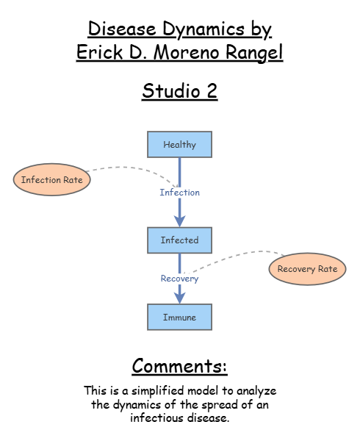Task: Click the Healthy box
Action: (180, 145)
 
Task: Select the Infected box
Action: (180, 240)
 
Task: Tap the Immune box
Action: (180, 318)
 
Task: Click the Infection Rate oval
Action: (51, 180)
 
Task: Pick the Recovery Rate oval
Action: (307, 269)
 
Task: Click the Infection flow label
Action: (180, 193)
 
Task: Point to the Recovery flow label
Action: (180, 279)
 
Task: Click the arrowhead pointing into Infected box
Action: (180, 220)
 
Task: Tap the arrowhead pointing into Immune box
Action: (180, 298)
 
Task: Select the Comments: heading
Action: (180, 366)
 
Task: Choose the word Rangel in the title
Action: (254, 53)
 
